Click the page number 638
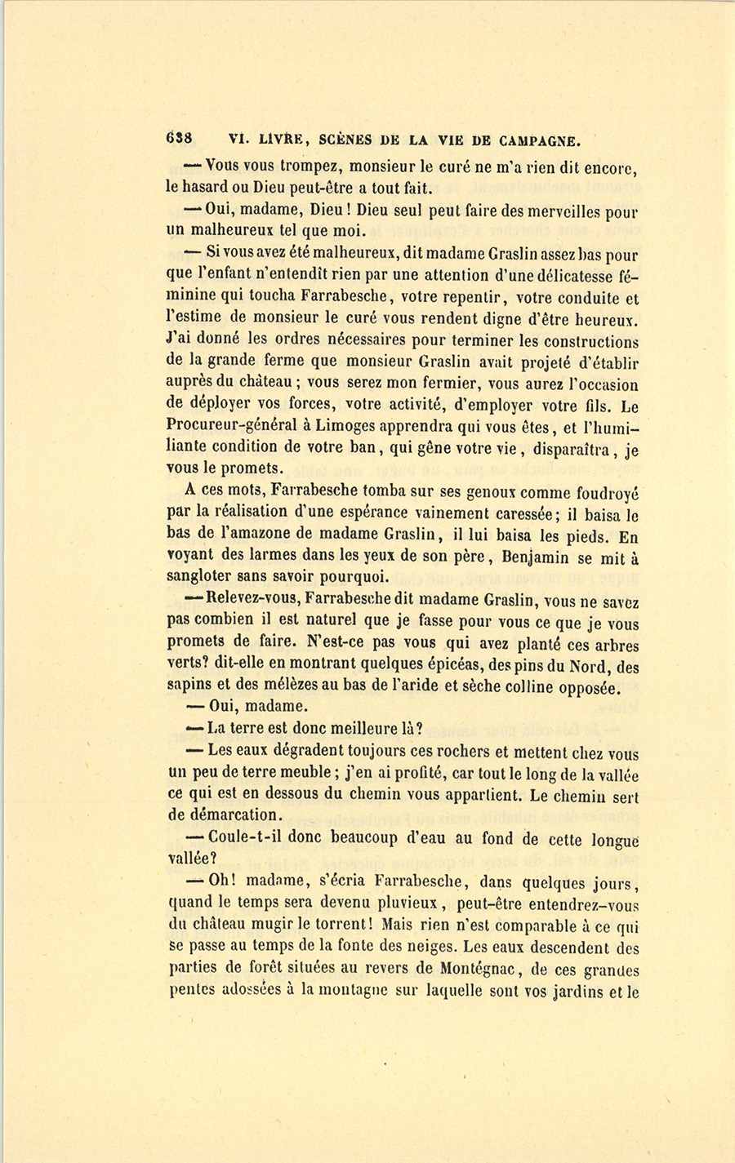click(x=178, y=139)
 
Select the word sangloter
click(x=200, y=579)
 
